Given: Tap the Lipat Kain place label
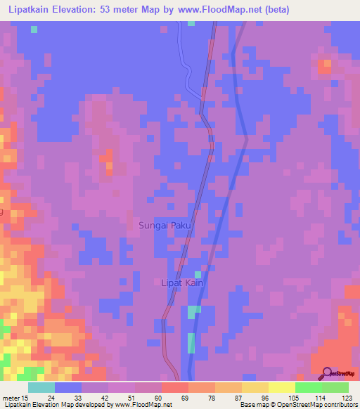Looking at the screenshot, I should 183,283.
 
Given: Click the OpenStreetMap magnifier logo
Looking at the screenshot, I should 327,374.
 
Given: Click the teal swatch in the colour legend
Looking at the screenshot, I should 41,387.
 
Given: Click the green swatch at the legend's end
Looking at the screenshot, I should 335,387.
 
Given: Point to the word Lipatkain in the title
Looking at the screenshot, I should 28,10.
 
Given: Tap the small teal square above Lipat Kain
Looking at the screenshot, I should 198,274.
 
